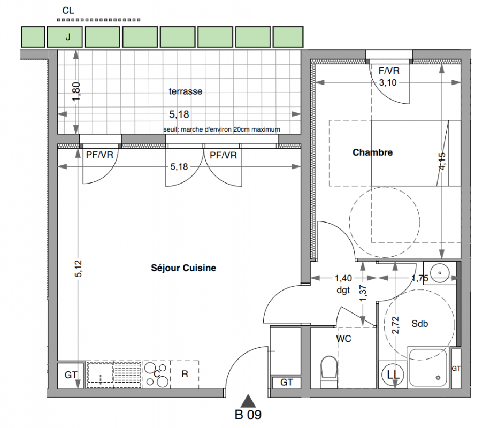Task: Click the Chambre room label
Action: [372, 152]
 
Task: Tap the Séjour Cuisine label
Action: [183, 268]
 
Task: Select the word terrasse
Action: [186, 91]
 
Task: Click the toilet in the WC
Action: [329, 372]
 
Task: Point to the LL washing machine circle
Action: [393, 374]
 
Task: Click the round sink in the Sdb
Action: [440, 273]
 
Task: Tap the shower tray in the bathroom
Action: [428, 368]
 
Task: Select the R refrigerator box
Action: [185, 374]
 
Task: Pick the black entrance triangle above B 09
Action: [248, 401]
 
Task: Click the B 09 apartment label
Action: [248, 415]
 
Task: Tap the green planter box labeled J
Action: [65, 37]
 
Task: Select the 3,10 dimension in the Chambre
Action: [388, 82]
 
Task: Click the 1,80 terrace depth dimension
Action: [76, 92]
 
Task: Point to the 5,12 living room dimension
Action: [79, 269]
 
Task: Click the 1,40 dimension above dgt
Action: [343, 278]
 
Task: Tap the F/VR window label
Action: [389, 71]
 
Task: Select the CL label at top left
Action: [68, 11]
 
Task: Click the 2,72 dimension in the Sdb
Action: [395, 325]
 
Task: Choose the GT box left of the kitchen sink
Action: [71, 375]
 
